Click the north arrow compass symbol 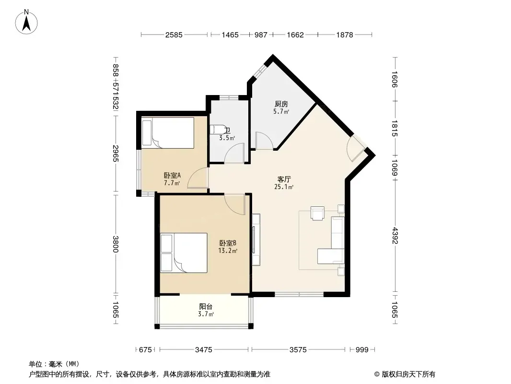tap(26, 22)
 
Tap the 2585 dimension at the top tap(174, 35)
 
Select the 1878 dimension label tap(345, 35)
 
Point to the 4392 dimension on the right tap(395, 236)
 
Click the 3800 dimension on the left tap(116, 244)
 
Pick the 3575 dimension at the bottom tap(298, 350)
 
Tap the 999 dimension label tap(362, 350)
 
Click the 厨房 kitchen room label tap(281, 104)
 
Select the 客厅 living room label tap(284, 180)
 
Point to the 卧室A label tap(172, 176)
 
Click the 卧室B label tap(228, 243)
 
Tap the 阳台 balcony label tap(206, 307)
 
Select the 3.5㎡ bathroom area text tap(227, 138)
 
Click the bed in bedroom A tap(168, 133)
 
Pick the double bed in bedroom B tap(184, 253)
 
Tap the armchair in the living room tap(317, 213)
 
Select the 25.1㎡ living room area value tap(283, 187)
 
